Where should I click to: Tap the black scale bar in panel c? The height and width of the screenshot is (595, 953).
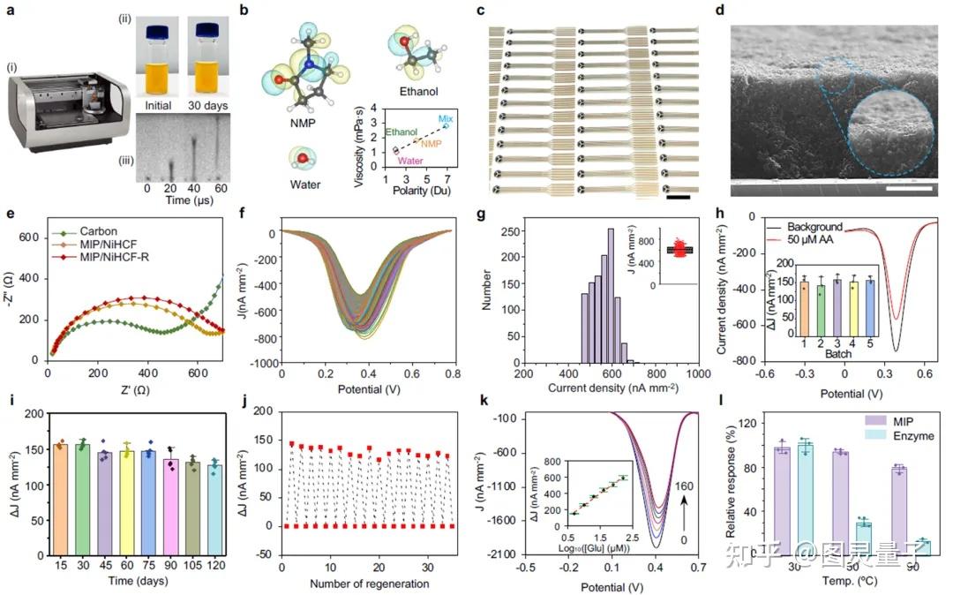[x=678, y=196]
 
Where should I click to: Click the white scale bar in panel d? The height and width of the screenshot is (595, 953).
[x=909, y=187]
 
